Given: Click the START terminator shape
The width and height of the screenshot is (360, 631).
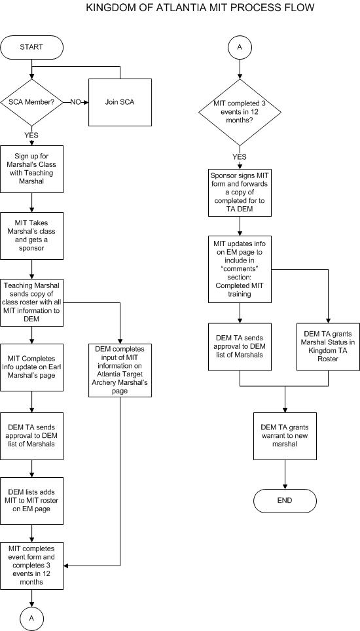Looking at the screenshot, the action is pos(32,47).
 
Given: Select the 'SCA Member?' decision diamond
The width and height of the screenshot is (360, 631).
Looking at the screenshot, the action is pos(32,102).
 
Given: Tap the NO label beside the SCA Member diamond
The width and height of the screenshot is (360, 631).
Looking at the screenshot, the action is pos(76,102).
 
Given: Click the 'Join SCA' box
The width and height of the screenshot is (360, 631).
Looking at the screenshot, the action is pos(120,102).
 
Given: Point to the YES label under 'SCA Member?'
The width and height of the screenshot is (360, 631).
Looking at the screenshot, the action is pos(31,135).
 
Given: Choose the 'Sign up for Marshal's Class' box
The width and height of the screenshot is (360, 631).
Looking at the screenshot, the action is pos(32,169).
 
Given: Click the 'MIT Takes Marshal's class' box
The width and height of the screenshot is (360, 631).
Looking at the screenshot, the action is pos(32,236).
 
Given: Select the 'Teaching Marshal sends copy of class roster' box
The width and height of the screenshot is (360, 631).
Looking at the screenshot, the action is pos(32,302).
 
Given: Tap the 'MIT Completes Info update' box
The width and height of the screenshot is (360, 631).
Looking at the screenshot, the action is pos(32,367).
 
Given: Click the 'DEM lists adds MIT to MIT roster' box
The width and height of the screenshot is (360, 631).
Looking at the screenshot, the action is pos(32,501).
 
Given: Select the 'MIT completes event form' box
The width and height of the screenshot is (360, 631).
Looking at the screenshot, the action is pos(32,566).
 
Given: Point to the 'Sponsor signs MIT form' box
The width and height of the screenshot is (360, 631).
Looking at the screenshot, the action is pos(240,193).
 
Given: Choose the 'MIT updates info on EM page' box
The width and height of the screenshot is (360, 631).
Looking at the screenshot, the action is pos(240,269).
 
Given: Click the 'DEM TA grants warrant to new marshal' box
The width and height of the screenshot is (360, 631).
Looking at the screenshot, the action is pos(285,436).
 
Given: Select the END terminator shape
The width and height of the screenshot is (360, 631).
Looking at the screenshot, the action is pos(285,501).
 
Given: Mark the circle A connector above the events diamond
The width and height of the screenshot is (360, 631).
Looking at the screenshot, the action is pos(240,47).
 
